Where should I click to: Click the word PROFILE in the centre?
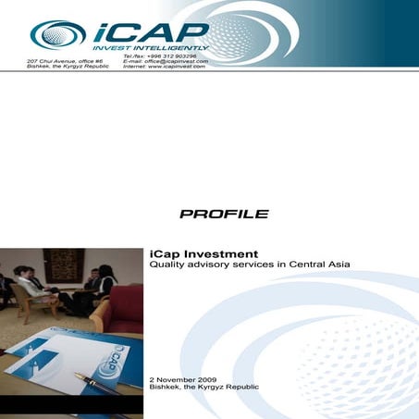[223, 214]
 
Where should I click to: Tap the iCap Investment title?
[203, 253]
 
